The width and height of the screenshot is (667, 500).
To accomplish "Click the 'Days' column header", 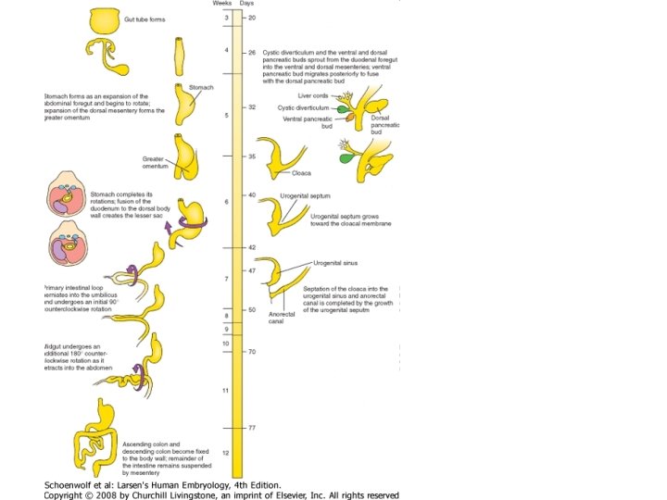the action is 246,5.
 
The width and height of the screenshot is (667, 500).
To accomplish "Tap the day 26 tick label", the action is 252,54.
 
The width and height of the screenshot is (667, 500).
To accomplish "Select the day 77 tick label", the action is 252,428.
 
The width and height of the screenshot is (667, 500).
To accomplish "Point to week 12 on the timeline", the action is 225,452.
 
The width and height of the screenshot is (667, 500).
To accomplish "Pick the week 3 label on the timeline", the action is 226,19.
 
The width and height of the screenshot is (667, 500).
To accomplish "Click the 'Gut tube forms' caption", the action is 145,19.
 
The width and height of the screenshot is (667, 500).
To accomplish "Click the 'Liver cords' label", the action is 313,95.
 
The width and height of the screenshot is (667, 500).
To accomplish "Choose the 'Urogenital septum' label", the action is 306,196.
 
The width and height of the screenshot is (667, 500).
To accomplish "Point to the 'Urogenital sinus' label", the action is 334,263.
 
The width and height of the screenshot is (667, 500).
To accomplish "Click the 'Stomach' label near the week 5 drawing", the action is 201,88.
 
